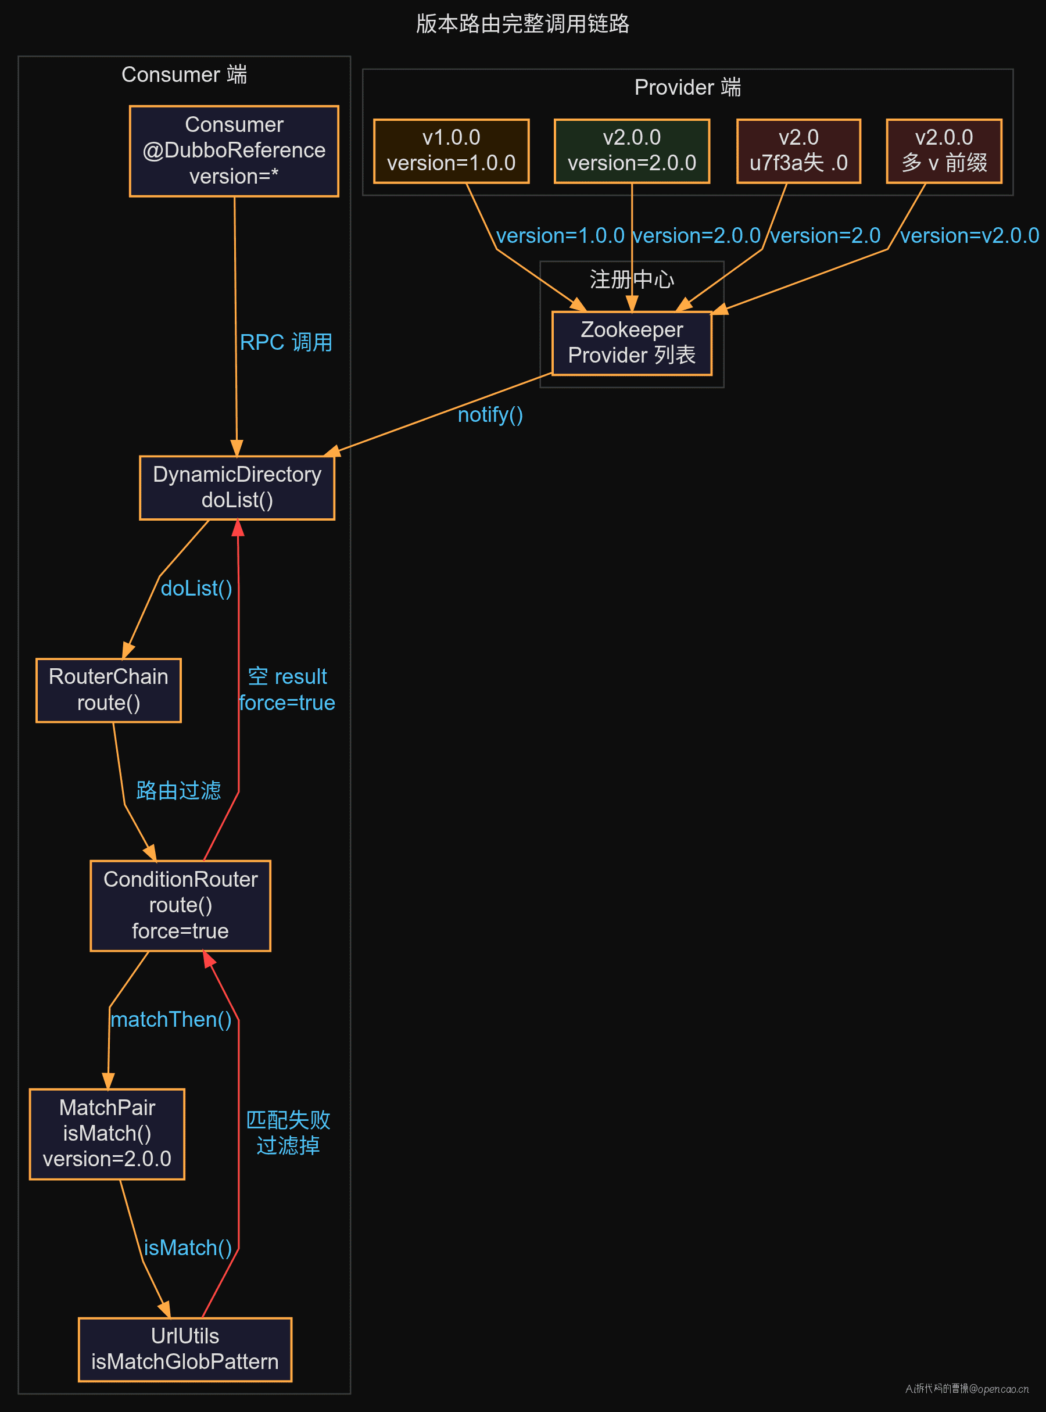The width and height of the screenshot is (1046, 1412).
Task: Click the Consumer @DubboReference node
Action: click(234, 150)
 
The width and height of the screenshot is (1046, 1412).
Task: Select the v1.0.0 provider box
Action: click(451, 150)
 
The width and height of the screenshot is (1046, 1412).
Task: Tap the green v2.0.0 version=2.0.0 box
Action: click(631, 150)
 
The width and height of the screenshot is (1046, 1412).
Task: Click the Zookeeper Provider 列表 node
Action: click(631, 343)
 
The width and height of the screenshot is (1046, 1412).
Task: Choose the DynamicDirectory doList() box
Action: click(237, 487)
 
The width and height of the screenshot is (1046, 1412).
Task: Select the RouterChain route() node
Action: click(108, 690)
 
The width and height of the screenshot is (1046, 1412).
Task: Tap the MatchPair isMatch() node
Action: click(107, 1134)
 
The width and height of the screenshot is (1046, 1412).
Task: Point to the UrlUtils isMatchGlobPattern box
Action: click(185, 1349)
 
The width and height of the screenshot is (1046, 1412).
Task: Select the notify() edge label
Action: click(490, 414)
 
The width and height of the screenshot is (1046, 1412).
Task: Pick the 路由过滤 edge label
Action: click(178, 790)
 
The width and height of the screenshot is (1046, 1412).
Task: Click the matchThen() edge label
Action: click(171, 1019)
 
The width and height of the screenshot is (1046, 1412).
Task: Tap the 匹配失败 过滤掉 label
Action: click(288, 1132)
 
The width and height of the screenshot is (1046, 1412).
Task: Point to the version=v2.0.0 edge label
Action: click(969, 235)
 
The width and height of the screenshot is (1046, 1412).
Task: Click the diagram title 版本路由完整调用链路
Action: click(523, 23)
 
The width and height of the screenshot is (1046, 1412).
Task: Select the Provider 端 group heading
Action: click(687, 87)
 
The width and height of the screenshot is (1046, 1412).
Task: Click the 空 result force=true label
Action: click(287, 689)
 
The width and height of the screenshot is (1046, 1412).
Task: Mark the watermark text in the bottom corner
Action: click(967, 1389)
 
